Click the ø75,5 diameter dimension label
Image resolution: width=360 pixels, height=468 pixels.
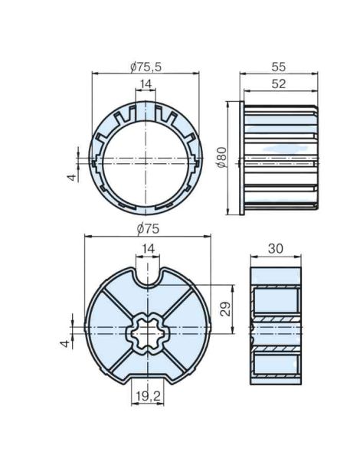(145, 67)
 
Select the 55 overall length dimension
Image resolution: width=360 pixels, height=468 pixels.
(280, 67)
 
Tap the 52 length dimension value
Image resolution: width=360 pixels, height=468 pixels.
(280, 84)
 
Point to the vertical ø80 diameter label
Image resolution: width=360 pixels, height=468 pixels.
(222, 159)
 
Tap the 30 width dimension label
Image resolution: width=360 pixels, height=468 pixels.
(277, 249)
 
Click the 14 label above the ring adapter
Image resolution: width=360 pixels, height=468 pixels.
(145, 84)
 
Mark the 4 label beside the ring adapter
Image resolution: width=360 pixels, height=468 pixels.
(70, 178)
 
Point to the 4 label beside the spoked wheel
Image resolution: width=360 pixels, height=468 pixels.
(67, 342)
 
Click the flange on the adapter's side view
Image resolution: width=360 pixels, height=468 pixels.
(242, 159)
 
